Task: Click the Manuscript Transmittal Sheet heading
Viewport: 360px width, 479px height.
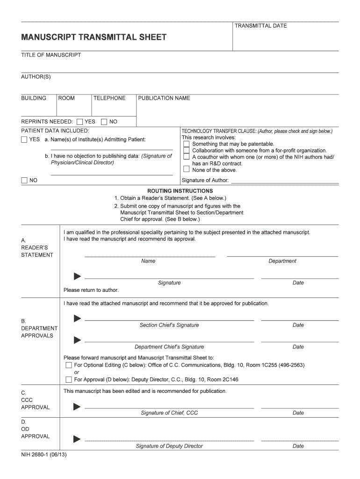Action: pos(94,37)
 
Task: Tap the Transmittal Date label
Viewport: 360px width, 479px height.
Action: pos(260,26)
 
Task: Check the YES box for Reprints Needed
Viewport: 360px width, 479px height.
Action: pos(80,122)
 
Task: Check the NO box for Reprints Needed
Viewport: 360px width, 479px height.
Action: pos(104,122)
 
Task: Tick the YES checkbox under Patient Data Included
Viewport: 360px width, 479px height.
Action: pos(24,140)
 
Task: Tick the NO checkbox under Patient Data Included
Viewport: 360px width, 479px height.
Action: pos(24,181)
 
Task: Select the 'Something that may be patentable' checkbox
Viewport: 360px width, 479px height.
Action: pos(186,144)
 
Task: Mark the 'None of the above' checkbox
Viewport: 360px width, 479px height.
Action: pos(186,170)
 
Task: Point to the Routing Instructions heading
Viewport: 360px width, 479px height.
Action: pos(180,191)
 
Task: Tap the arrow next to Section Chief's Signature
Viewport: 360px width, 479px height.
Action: pos(77,319)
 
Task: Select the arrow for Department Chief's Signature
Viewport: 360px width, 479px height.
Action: pos(77,340)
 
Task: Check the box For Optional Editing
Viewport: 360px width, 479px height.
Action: pos(69,365)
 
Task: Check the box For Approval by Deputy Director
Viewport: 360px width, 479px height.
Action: pos(69,379)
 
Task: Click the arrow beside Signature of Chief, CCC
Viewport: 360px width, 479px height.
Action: pos(77,406)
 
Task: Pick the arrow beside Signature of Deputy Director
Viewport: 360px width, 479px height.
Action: pos(77,439)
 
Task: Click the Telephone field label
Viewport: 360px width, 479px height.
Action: pos(109,98)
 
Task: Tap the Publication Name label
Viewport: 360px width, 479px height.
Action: pos(164,98)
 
